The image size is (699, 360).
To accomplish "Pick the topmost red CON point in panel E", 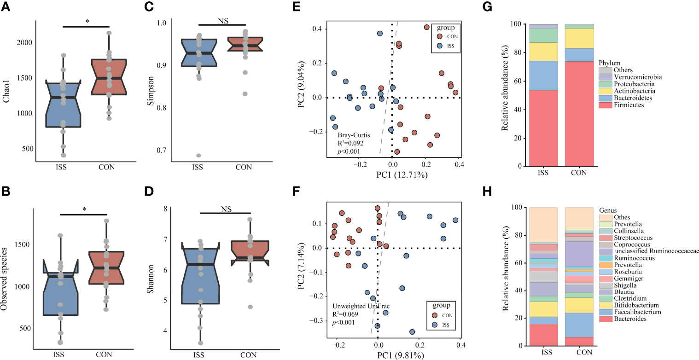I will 426,27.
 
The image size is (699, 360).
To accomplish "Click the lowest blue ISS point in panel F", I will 412,332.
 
